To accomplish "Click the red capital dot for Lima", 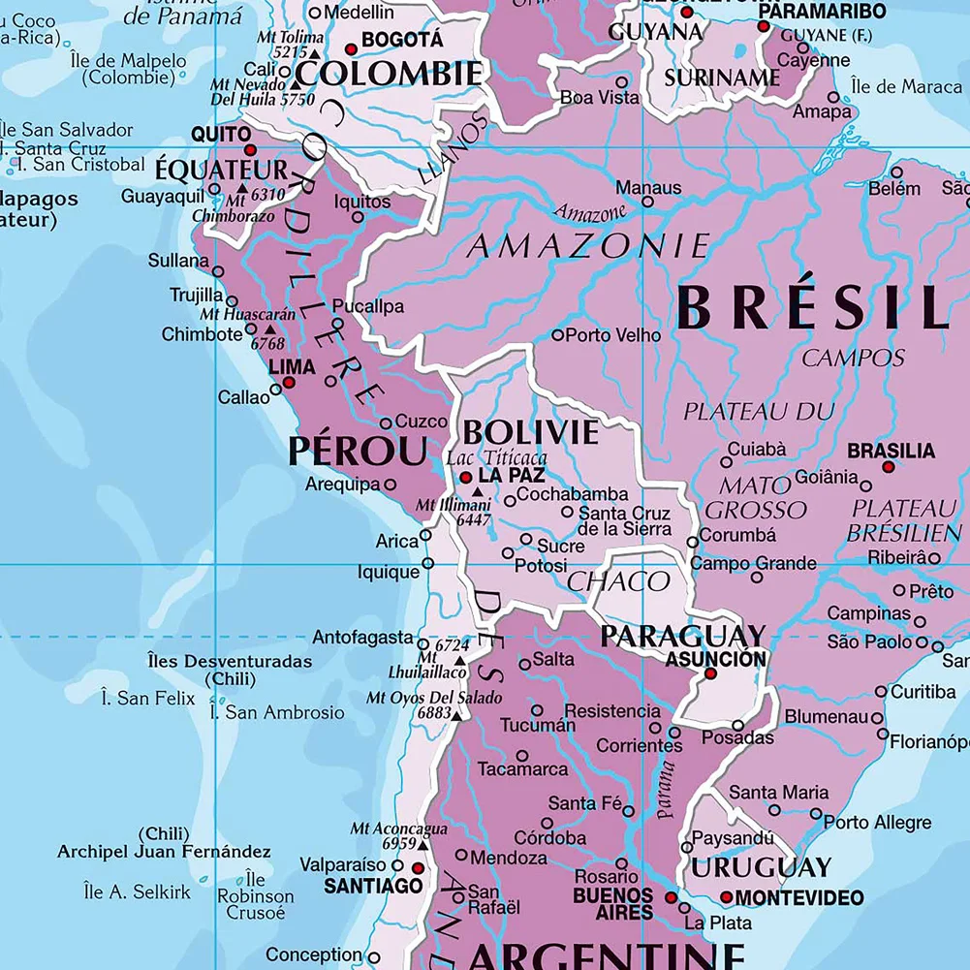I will pos(288,384).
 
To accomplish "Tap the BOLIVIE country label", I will pos(530,432).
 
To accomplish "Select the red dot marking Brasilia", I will pos(889,467).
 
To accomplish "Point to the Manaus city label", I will pos(648,188).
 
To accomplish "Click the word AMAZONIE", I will pos(588,245).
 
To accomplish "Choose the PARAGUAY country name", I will pos(682,637).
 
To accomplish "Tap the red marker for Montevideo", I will pos(726,897).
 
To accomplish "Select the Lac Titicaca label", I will pos(496,457).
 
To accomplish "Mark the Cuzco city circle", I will pos(386,422).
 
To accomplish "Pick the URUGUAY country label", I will pos(761,866).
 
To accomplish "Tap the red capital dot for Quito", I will pos(251,150).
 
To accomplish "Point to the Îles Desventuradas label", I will pos(230,661).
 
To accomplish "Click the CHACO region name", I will pos(618,581).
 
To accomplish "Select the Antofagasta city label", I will pos(362,638).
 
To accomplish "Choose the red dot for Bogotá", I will pos(352,48).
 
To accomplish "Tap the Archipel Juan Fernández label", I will pos(164,852).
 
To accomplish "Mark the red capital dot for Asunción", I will pos(710,673).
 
